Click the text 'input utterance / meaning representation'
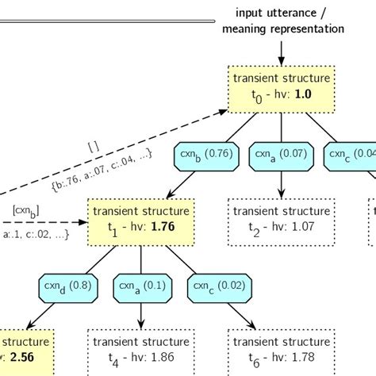coord(282,21)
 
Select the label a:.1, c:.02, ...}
coord(36,235)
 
